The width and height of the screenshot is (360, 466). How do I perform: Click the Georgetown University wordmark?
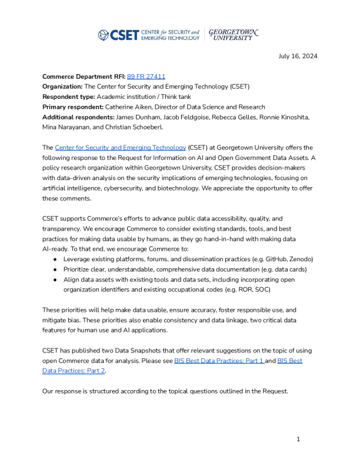pyautogui.click(x=234, y=34)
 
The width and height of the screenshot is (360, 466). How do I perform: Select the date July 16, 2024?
pyautogui.click(x=298, y=56)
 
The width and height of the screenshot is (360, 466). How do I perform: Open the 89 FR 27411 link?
pyautogui.click(x=146, y=76)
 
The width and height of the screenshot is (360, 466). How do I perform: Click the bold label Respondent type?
pyautogui.click(x=68, y=96)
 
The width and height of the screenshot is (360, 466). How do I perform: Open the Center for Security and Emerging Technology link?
pyautogui.click(x=121, y=147)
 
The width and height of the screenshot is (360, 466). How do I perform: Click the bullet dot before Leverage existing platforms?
pyautogui.click(x=55, y=259)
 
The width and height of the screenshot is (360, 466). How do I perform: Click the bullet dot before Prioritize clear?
pyautogui.click(x=55, y=269)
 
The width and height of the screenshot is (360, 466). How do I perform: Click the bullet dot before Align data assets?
pyautogui.click(x=55, y=279)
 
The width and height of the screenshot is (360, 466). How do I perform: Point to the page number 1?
pyautogui.click(x=298, y=439)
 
